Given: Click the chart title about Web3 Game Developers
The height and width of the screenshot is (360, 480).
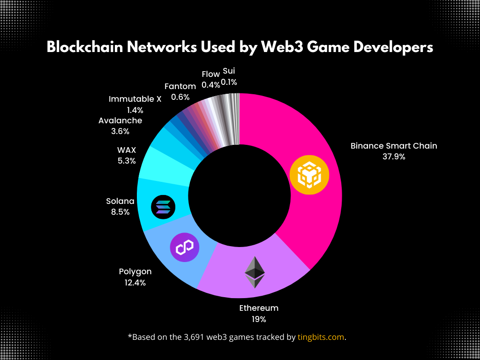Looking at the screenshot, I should click(x=240, y=47).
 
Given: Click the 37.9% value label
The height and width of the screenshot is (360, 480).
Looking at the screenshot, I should click(x=394, y=157).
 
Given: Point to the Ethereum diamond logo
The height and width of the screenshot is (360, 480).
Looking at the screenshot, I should click(x=255, y=272).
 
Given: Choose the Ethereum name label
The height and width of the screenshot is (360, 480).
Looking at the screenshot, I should click(x=259, y=308).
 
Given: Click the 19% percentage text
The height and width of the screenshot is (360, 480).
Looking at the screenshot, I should click(x=259, y=319).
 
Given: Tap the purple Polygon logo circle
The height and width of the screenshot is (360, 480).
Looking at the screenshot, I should click(x=185, y=247).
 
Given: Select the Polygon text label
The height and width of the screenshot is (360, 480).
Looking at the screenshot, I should click(x=135, y=272).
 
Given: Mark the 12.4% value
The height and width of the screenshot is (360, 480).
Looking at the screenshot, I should click(x=135, y=283).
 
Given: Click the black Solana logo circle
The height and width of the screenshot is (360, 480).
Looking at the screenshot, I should click(x=164, y=206).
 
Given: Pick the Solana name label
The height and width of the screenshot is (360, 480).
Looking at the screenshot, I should click(x=120, y=201).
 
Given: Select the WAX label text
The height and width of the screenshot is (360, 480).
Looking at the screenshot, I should click(x=127, y=150).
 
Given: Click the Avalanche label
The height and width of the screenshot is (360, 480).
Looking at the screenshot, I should click(x=120, y=120).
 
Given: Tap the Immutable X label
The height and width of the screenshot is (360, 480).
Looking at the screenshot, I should click(x=135, y=99).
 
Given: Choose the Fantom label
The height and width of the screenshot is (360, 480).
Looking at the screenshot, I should click(x=180, y=86).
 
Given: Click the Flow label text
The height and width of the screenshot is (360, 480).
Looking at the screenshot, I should click(x=210, y=74).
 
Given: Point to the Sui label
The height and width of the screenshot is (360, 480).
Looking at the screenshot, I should click(x=229, y=71).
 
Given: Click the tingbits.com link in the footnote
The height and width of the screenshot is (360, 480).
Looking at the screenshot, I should click(x=321, y=337).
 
